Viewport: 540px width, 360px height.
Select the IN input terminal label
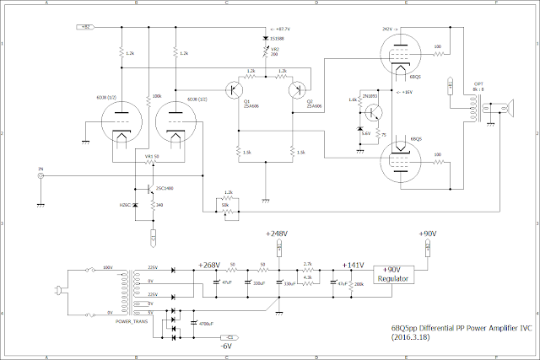tap(40, 169)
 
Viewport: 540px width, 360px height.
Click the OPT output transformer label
tap(478, 84)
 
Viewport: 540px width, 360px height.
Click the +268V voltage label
tap(208, 265)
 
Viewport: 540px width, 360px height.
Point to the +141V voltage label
tap(352, 265)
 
